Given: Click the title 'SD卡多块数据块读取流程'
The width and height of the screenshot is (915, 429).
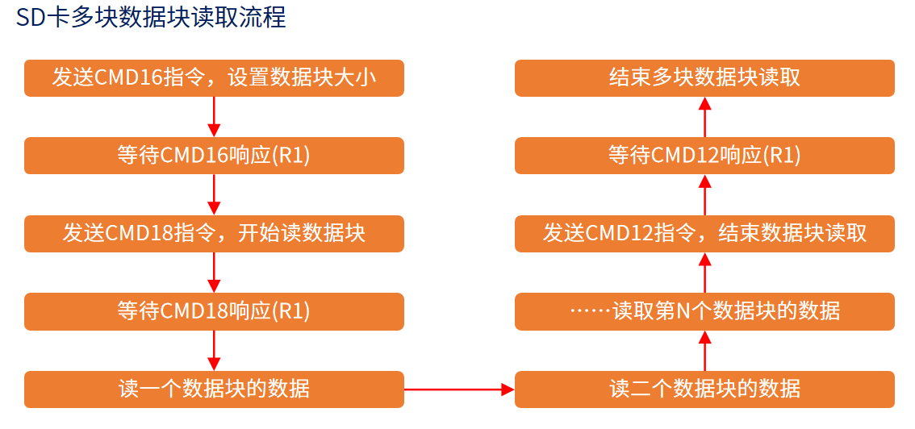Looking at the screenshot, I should [151, 18].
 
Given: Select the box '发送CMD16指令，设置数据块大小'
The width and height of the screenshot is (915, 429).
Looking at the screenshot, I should [214, 78].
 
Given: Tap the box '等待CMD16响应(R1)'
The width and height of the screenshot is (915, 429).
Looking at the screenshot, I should [214, 156].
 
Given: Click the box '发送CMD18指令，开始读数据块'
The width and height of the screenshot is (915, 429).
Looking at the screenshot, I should [214, 234].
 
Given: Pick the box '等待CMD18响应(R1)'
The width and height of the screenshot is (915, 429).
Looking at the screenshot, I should [214, 311].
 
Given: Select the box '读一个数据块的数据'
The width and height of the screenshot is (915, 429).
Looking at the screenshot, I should [214, 389].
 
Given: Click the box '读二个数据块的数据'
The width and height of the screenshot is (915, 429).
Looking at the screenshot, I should [704, 389].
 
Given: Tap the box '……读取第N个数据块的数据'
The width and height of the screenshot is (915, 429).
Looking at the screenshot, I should [704, 311].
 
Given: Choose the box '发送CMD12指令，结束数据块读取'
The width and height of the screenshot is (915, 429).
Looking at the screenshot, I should [704, 234].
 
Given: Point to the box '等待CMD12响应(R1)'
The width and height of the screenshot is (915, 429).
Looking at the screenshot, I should [704, 156].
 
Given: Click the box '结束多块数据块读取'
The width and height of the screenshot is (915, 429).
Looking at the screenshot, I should [704, 78].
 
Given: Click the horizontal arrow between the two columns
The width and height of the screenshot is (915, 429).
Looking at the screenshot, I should [458, 389].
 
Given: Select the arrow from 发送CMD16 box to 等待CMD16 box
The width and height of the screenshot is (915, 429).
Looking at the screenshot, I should [214, 117].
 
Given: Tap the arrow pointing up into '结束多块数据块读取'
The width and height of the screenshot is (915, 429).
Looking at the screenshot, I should [704, 117].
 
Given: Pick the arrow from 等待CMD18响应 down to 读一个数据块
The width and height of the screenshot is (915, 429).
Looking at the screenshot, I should [214, 351].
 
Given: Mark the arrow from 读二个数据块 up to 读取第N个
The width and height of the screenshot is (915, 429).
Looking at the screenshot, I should [704, 351].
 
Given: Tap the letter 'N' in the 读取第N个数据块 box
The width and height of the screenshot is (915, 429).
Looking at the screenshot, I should [681, 311].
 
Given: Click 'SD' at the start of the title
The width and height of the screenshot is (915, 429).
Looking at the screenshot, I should [29, 18].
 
